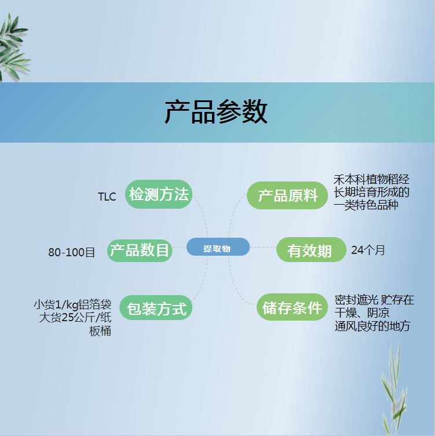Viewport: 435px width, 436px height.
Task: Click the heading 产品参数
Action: pyautogui.click(x=216, y=112)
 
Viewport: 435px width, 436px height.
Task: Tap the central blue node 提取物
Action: pyautogui.click(x=218, y=247)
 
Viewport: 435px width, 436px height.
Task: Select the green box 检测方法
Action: pyautogui.click(x=159, y=194)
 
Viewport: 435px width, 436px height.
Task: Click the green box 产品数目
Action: pyautogui.click(x=140, y=250)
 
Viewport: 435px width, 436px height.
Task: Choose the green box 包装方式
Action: pyautogui.click(x=156, y=307)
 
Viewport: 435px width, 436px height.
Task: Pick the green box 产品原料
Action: pyautogui.click(x=287, y=195)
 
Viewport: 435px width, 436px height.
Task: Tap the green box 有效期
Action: pyautogui.click(x=311, y=249)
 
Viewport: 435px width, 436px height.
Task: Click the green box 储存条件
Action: pyautogui.click(x=293, y=307)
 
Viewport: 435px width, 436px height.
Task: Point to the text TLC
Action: pyautogui.click(x=107, y=197)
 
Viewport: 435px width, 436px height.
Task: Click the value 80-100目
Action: pyautogui.click(x=72, y=252)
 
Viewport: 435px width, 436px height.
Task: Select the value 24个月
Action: pyautogui.click(x=368, y=250)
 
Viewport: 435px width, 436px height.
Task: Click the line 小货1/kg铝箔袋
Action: pyautogui.click(x=72, y=304)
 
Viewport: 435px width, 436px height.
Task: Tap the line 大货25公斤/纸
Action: pyautogui.click(x=75, y=317)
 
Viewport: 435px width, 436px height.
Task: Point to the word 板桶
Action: pyautogui.click(x=100, y=331)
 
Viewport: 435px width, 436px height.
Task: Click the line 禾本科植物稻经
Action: pyautogui.click(x=371, y=180)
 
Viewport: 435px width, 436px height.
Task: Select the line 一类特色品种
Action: pyautogui.click(x=366, y=205)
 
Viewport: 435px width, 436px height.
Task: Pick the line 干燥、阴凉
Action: pyautogui.click(x=362, y=313)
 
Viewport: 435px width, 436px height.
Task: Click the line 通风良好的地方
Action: pyautogui.click(x=372, y=326)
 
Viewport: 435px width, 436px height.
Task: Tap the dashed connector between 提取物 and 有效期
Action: pyautogui.click(x=263, y=247)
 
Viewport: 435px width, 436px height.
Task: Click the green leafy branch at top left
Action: pyautogui.click(x=14, y=48)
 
